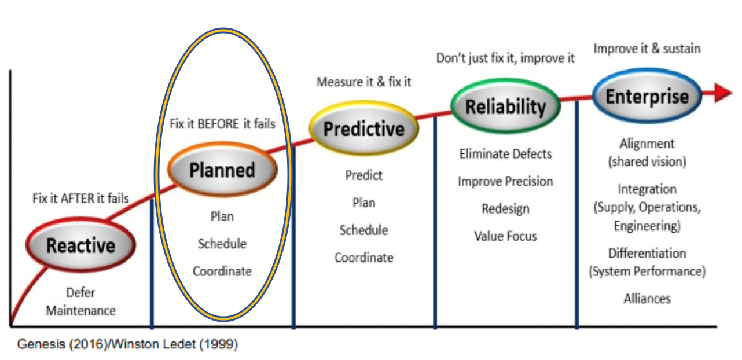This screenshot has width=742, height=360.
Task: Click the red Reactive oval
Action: (80, 245)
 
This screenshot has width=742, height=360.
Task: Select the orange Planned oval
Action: (222, 169)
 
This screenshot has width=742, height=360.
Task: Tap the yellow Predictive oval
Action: (363, 128)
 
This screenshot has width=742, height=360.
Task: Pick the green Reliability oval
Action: (505, 106)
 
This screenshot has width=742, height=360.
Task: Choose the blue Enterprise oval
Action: (647, 96)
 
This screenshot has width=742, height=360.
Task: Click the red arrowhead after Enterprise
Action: (723, 93)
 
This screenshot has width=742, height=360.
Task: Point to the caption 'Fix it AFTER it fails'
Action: (80, 199)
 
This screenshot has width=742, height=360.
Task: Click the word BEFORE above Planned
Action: (218, 124)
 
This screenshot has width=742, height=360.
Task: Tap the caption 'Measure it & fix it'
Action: (363, 82)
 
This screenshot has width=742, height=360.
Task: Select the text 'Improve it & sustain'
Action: (647, 49)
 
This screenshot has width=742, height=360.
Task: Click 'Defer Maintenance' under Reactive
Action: (80, 302)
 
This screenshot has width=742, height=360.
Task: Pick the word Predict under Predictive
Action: (363, 175)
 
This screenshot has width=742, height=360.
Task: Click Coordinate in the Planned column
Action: (222, 271)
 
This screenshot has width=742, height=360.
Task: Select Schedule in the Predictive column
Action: (363, 230)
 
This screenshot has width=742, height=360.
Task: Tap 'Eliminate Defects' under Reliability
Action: (505, 154)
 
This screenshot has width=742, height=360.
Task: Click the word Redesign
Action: (505, 209)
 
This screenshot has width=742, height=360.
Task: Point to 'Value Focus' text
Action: (505, 236)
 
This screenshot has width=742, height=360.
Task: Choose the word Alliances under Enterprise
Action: (647, 299)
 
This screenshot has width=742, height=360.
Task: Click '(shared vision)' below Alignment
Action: (647, 161)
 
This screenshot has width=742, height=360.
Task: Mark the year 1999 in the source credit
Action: (218, 344)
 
